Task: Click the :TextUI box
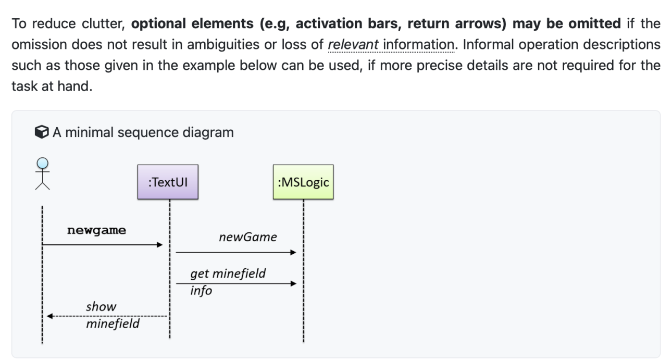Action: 168,182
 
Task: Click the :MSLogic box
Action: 303,182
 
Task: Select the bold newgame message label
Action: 96,230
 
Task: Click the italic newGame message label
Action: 247,238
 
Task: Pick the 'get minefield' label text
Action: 228,273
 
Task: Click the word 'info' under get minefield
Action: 201,290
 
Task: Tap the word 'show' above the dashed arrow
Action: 101,306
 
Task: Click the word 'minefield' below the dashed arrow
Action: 113,324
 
